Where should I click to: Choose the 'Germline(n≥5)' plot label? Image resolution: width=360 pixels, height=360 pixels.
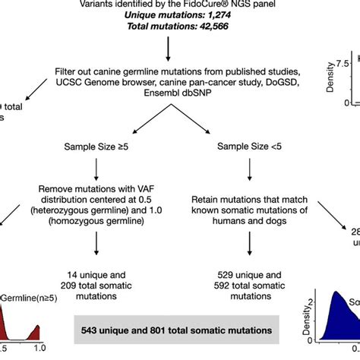tap(32, 298)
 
